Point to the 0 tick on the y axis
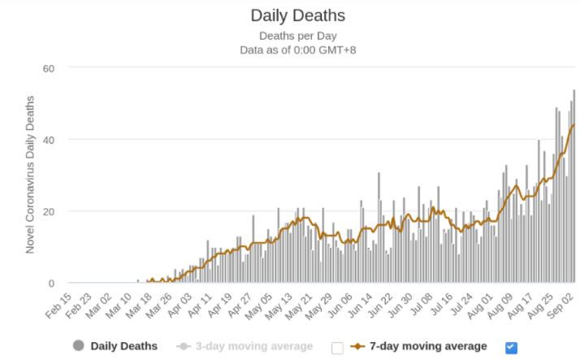pyautogui.click(x=50, y=283)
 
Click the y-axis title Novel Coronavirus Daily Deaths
pyautogui.click(x=30, y=176)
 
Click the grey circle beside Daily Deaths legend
pyautogui.click(x=79, y=346)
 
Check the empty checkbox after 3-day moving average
pyautogui.click(x=338, y=347)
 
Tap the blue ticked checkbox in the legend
pyautogui.click(x=511, y=347)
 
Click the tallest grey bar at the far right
pyautogui.click(x=574, y=186)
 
